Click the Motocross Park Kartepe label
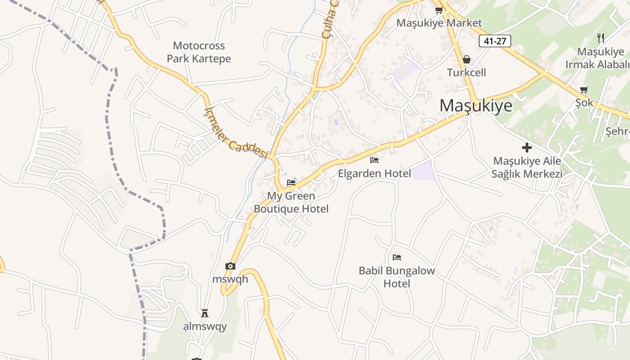[x=199, y=52]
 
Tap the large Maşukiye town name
[x=476, y=105]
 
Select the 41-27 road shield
[x=495, y=41]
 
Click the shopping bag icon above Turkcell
[x=467, y=59]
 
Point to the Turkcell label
[x=467, y=72]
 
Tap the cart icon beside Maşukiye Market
[x=439, y=10]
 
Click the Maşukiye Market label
[x=439, y=23]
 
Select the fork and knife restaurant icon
[x=600, y=38]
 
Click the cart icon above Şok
[x=584, y=90]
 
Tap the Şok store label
[x=584, y=103]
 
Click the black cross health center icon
[x=526, y=147]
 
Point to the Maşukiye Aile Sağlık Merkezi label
[x=527, y=167]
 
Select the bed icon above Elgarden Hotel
[x=374, y=160]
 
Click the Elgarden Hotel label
[x=374, y=173]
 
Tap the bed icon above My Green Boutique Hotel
[x=291, y=182]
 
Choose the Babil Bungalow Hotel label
[x=397, y=277]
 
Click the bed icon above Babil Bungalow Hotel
[x=397, y=257]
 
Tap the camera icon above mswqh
[x=230, y=266]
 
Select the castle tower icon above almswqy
[x=205, y=313]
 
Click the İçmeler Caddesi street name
[x=236, y=134]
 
